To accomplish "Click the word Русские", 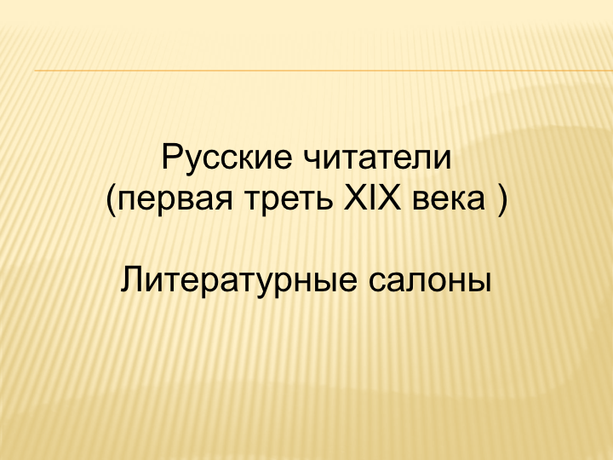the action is (226, 159).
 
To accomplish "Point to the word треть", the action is (289, 198).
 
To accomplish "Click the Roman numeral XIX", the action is (372, 197).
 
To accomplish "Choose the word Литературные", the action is (238, 281).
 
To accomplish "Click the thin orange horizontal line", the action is (324, 71).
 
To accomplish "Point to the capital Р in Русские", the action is (172, 157).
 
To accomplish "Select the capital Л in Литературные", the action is (133, 279).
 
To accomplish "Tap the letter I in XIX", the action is (372, 197).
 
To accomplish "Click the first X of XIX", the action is (355, 197).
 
